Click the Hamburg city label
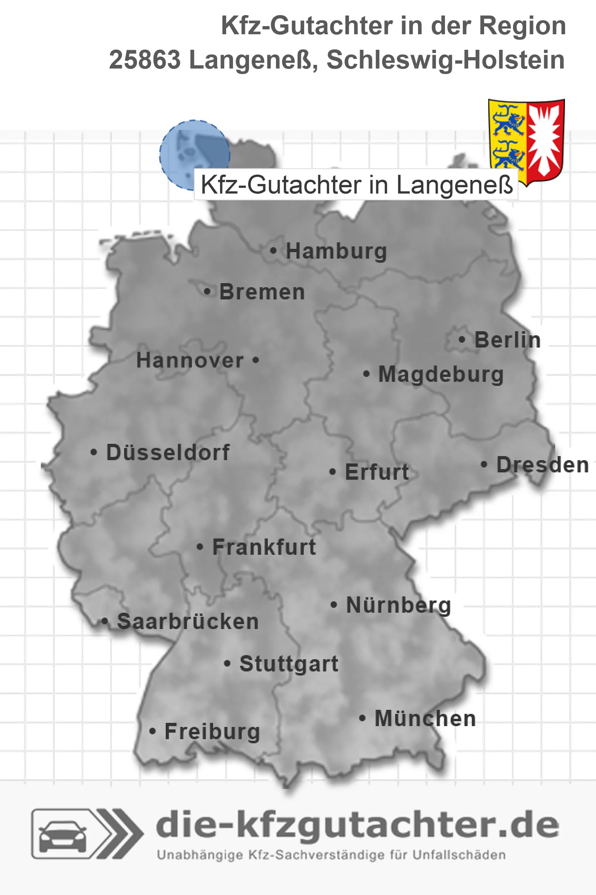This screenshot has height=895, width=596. click(x=336, y=251)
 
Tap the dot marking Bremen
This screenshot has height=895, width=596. click(x=207, y=292)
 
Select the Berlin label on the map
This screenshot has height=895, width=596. click(x=507, y=340)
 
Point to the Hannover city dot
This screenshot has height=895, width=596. click(x=256, y=360)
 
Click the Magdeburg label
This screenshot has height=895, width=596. click(x=441, y=374)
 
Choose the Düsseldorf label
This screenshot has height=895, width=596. click(x=168, y=452)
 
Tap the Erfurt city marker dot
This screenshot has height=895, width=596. click(x=332, y=472)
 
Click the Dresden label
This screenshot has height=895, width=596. click(x=543, y=465)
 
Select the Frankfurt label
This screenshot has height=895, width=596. click(x=264, y=547)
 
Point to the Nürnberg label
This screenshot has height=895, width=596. click(x=398, y=605)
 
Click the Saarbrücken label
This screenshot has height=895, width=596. click(x=188, y=622)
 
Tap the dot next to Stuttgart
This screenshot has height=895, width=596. click(x=227, y=664)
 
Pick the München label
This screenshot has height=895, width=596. click(x=425, y=718)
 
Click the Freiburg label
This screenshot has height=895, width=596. click(x=212, y=731)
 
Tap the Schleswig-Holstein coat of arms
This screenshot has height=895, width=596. click(x=527, y=141)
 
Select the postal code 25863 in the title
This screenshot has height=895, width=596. click(x=145, y=60)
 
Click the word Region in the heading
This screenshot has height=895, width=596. click(x=522, y=26)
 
